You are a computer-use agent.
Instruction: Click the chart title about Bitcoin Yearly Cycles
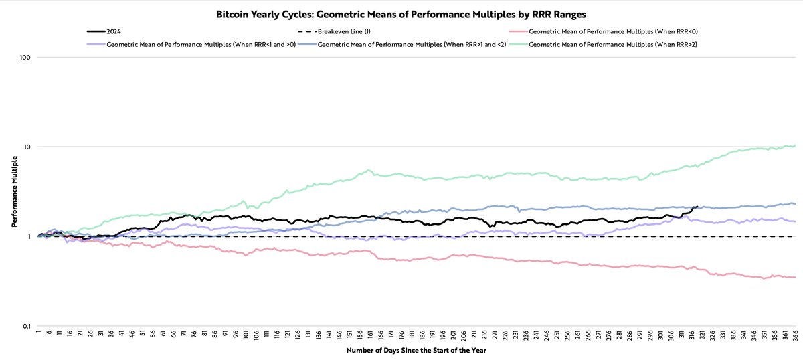(x=401, y=13)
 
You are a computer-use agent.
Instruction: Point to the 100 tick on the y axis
(x=26, y=58)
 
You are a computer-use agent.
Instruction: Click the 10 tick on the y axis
(x=28, y=147)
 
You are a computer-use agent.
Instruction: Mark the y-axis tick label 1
(x=30, y=236)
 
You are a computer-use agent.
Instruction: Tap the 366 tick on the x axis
(x=794, y=335)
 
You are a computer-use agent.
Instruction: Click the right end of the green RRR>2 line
(x=795, y=145)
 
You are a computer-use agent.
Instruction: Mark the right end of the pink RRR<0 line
(x=795, y=277)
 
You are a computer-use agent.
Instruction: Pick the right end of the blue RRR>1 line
(x=795, y=203)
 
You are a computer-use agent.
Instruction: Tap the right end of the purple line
(x=795, y=221)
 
